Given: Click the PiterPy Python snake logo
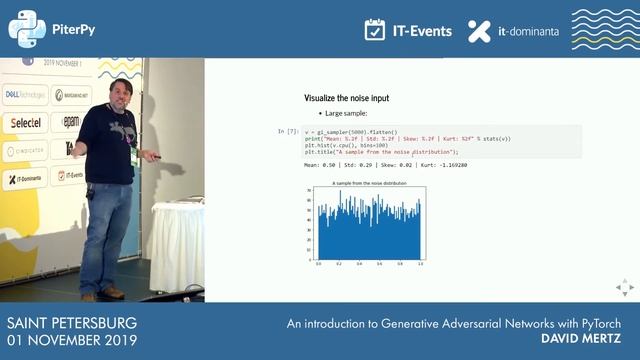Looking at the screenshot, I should point(27,29).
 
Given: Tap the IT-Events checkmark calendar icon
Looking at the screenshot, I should point(375,30).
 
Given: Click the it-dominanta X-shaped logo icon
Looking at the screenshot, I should point(480,30).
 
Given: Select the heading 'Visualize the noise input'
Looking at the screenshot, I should point(346,98).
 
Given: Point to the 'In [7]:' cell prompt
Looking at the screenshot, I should point(286,132).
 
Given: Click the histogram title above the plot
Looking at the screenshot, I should point(369,184).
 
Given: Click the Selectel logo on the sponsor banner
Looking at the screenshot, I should point(22,121).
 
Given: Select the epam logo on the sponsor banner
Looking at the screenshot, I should point(72,121).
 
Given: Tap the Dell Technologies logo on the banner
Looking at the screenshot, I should point(22,94).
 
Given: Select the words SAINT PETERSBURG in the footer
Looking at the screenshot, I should point(71,324).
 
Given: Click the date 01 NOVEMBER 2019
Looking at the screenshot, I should point(72,341).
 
